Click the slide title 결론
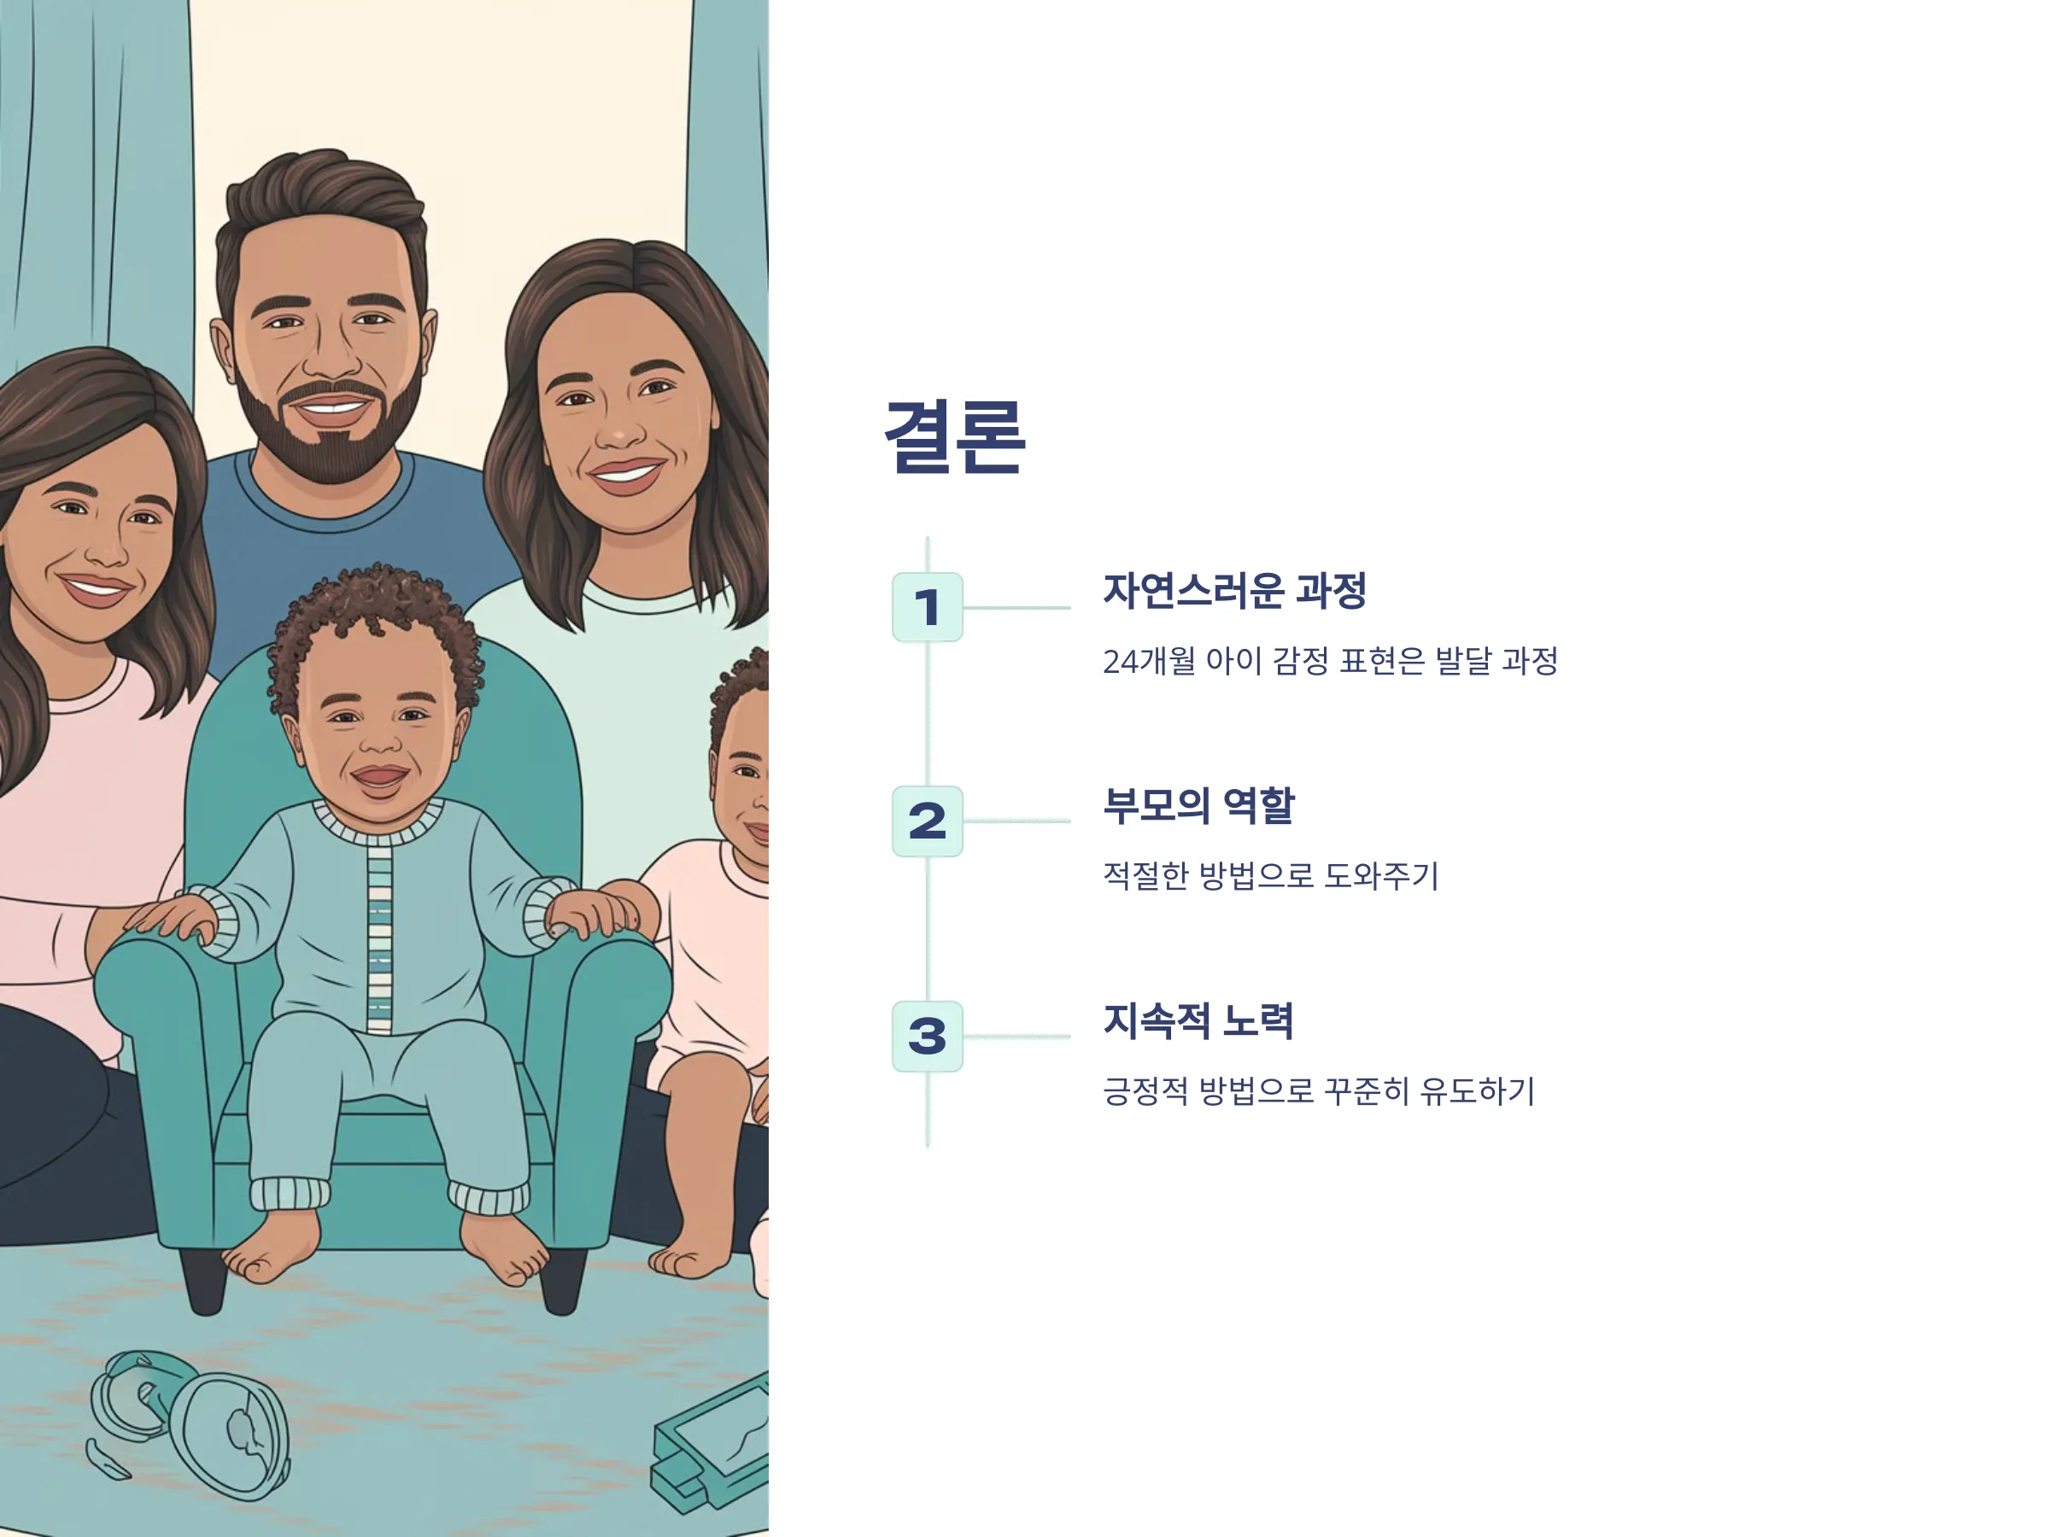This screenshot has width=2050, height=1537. tap(955, 437)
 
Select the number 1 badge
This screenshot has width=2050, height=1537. tap(927, 608)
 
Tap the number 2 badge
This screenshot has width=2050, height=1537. tap(927, 821)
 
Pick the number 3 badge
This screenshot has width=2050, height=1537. tap(927, 1036)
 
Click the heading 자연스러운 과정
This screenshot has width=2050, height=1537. tap(1234, 591)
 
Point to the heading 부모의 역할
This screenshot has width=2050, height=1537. tap(1198, 805)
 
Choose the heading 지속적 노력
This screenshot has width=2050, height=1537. tap(1198, 1020)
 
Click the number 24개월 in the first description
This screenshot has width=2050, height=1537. tap(1148, 662)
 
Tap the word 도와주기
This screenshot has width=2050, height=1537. tap(1381, 875)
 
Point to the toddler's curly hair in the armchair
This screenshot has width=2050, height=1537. tap(375, 630)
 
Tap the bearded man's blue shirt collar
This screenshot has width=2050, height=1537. tap(325, 495)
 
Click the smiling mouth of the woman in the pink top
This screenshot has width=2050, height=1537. tap(95, 589)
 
